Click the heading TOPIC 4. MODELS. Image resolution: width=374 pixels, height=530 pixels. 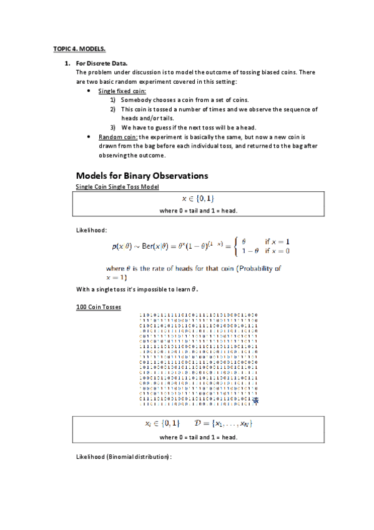point(79,48)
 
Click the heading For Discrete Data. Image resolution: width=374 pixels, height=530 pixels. point(102,64)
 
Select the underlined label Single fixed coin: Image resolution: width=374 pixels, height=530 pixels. point(122,91)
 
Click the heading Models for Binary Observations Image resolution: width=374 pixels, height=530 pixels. point(142,175)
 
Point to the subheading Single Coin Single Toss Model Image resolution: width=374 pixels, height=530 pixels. point(117,186)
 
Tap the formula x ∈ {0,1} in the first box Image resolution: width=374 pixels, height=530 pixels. point(198,199)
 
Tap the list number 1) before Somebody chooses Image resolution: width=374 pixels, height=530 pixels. point(113,100)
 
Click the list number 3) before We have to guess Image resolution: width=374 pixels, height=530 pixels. point(113,127)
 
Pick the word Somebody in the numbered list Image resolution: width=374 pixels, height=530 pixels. point(136,100)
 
